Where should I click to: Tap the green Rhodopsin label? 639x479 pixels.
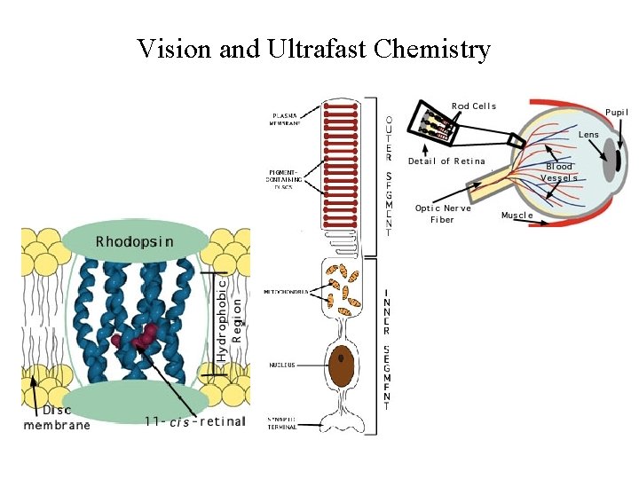click(x=135, y=241)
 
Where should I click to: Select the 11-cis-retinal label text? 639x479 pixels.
click(x=194, y=421)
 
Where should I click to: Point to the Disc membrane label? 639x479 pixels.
click(x=57, y=418)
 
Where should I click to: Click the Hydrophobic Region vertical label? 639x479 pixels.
click(x=229, y=318)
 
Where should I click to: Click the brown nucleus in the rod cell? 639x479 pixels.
click(x=340, y=365)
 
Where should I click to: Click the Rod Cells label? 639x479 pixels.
click(x=474, y=106)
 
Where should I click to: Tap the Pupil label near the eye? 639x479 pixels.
click(x=617, y=113)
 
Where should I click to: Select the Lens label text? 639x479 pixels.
click(x=588, y=135)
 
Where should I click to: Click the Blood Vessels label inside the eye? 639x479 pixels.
click(x=559, y=172)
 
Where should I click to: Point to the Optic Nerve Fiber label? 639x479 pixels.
click(x=443, y=214)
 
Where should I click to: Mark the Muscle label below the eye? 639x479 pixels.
click(x=517, y=216)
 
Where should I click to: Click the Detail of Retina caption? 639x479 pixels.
click(x=446, y=161)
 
